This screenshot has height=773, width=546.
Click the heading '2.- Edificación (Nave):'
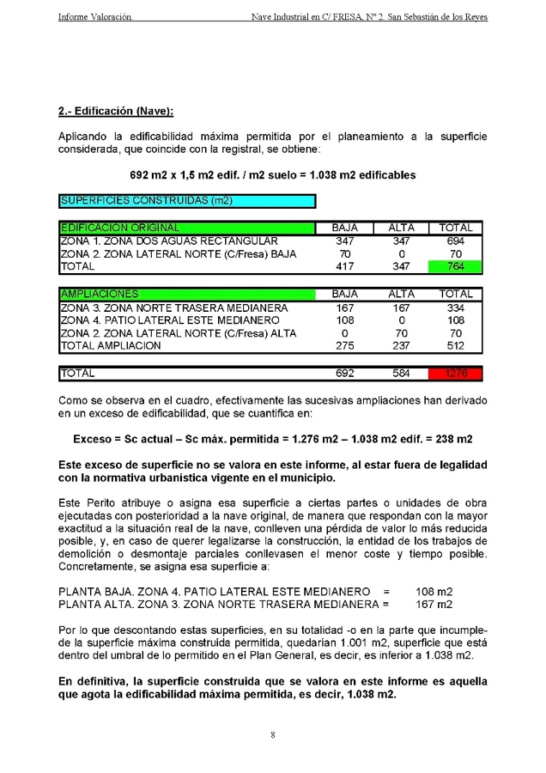point(116,111)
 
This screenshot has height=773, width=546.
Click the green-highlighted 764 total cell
point(455,267)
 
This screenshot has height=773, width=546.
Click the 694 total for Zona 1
point(455,241)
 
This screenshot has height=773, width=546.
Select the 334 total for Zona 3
point(455,307)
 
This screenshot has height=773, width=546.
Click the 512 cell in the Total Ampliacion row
point(455,346)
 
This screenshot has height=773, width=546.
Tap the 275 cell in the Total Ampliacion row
point(345,346)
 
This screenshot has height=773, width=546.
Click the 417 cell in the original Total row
point(345,267)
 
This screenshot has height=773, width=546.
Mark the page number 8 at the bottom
point(272,735)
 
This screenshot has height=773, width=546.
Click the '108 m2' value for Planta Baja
point(434,592)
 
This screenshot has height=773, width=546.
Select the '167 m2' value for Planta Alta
point(434,605)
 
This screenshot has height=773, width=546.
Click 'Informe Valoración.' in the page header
point(95,16)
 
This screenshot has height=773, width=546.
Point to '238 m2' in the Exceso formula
point(453,439)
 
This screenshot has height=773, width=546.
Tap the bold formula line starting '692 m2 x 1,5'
point(272,175)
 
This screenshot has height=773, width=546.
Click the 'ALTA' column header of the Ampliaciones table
point(401,294)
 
